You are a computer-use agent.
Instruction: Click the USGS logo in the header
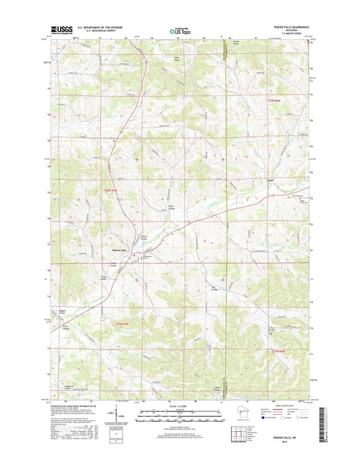pyautogui.click(x=59, y=29)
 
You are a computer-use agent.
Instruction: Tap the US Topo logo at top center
pyautogui.click(x=180, y=30)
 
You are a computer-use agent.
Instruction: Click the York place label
pyautogui.click(x=270, y=180)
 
